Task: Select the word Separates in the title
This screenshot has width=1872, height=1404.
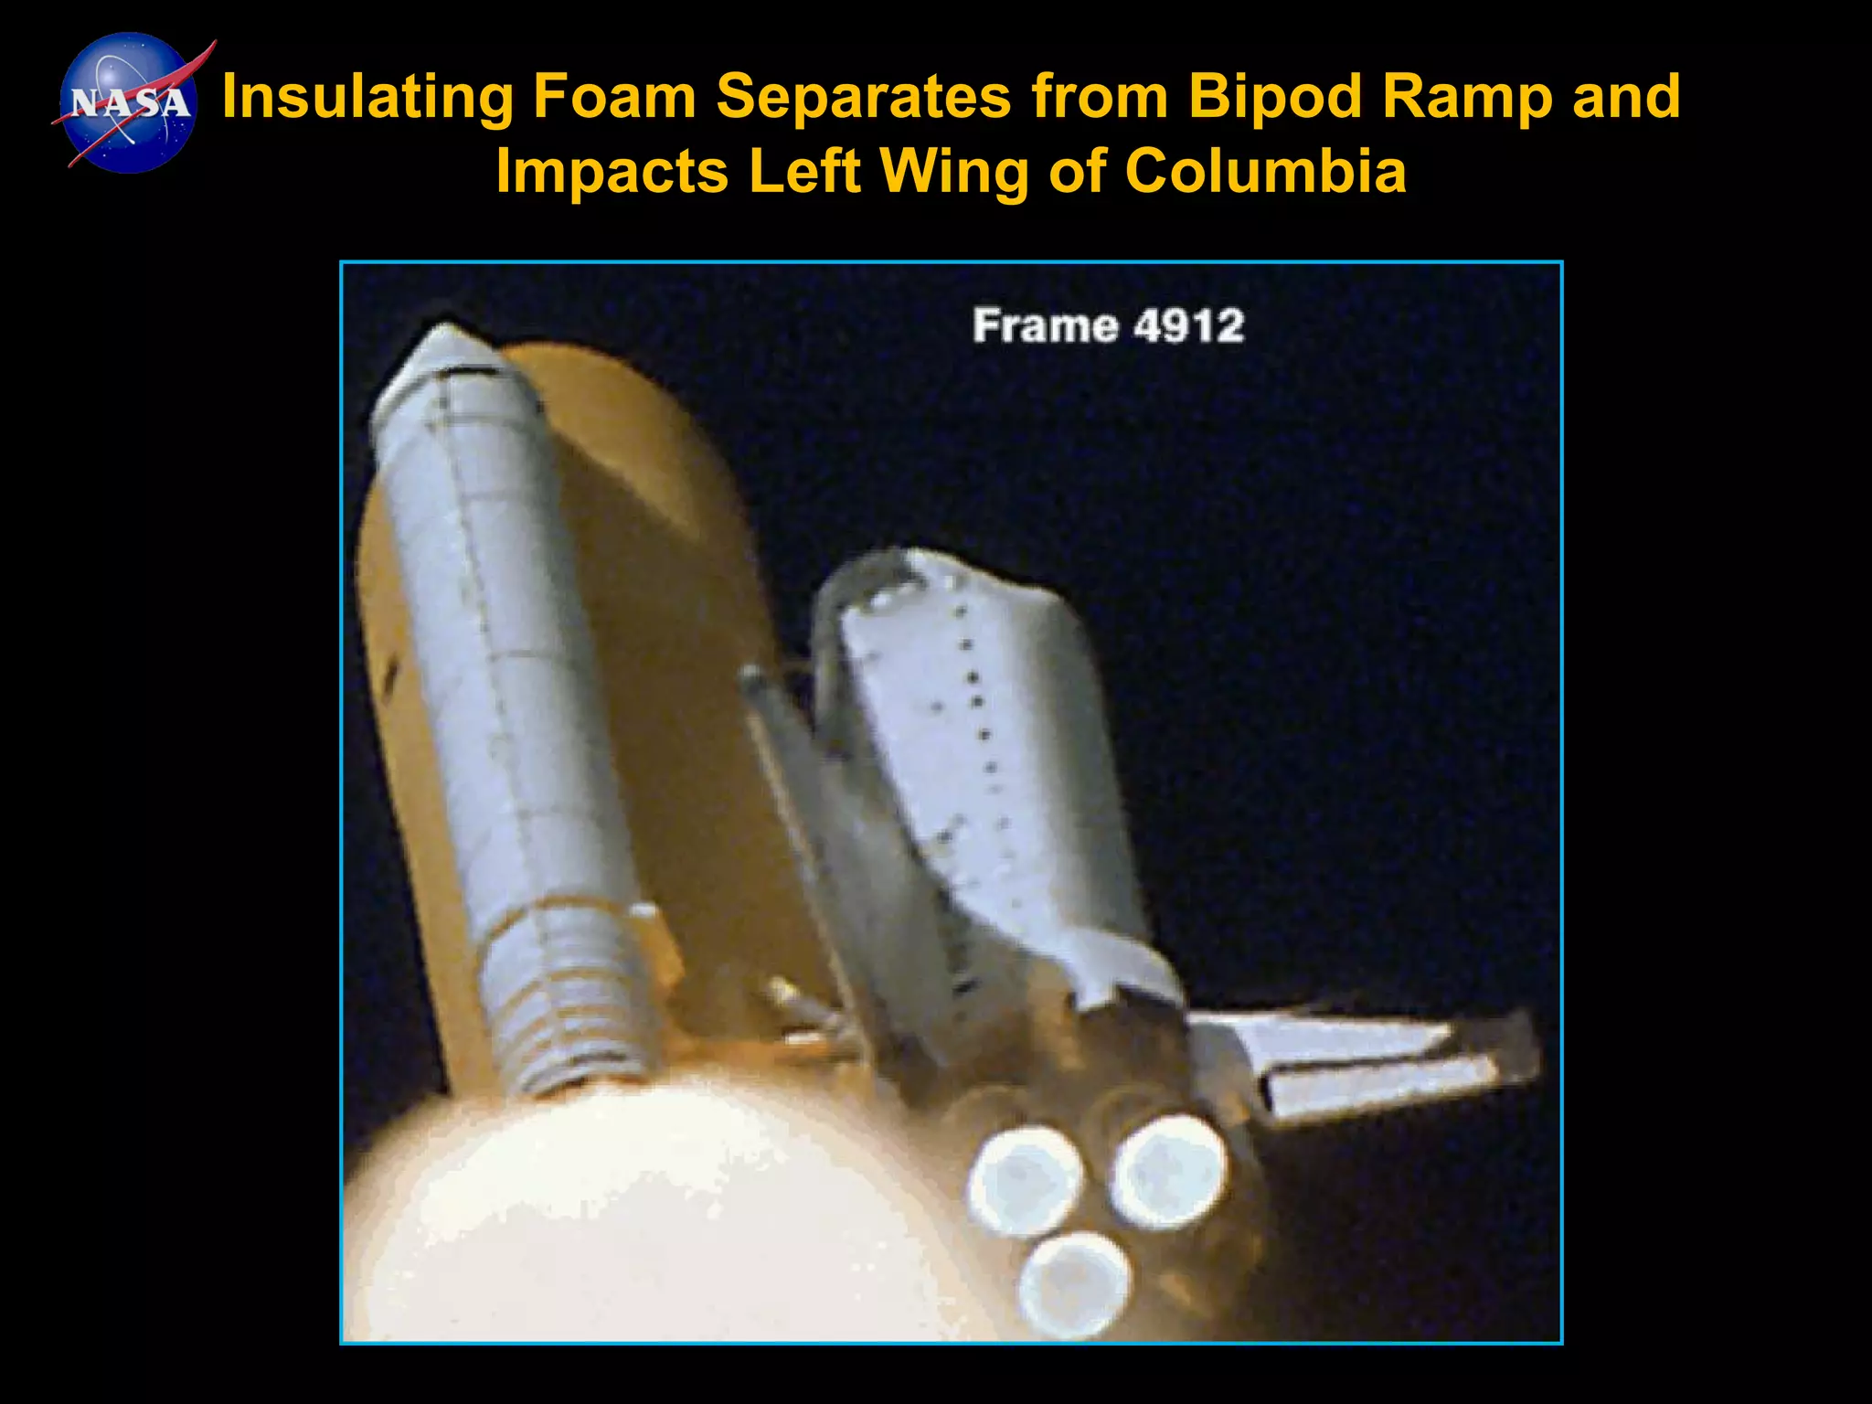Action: (x=863, y=96)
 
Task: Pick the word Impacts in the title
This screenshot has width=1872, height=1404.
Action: (x=612, y=171)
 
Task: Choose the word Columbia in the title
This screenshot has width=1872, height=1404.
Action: (x=1266, y=171)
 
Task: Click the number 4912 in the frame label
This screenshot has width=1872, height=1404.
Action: (x=1188, y=326)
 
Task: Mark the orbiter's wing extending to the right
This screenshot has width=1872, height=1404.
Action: (x=1371, y=1060)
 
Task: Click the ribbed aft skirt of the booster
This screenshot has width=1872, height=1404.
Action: (x=571, y=1005)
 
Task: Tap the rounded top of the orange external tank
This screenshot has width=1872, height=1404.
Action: (x=603, y=384)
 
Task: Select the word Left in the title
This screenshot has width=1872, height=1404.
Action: (x=804, y=171)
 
